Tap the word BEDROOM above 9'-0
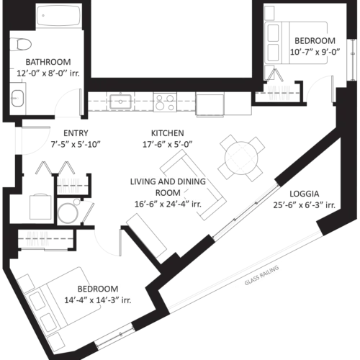pyautogui.click(x=315, y=40)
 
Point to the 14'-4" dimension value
pyautogui.click(x=77, y=299)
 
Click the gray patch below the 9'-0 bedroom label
pyautogui.click(x=279, y=90)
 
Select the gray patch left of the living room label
pyautogui.click(x=68, y=184)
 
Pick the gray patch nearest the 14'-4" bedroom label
pyautogui.click(x=37, y=239)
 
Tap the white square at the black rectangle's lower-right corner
pyautogui.click(x=248, y=73)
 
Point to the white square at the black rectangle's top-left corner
pyautogui.click(x=94, y=2)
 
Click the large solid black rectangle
pyautogui.click(x=169, y=36)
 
